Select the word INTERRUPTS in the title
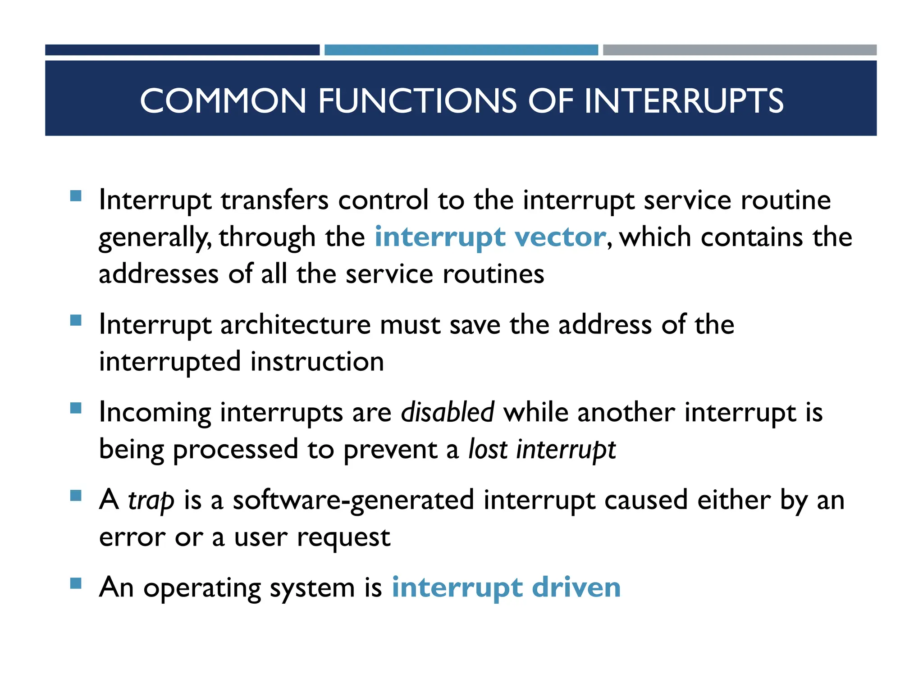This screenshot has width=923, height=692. tap(683, 100)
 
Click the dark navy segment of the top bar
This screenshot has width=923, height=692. tap(182, 50)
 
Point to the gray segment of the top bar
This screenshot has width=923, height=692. tap(740, 50)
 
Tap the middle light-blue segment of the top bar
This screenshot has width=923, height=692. tap(461, 50)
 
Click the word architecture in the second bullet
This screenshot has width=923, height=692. tap(295, 324)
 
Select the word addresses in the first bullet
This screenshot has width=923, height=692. tap(158, 274)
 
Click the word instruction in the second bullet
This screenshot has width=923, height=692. tap(317, 361)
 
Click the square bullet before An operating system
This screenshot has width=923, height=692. tap(76, 584)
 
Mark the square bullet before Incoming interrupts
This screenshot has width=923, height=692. tap(76, 408)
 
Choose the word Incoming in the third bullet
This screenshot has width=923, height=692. tap(155, 413)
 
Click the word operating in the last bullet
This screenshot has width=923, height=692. tap(202, 588)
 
